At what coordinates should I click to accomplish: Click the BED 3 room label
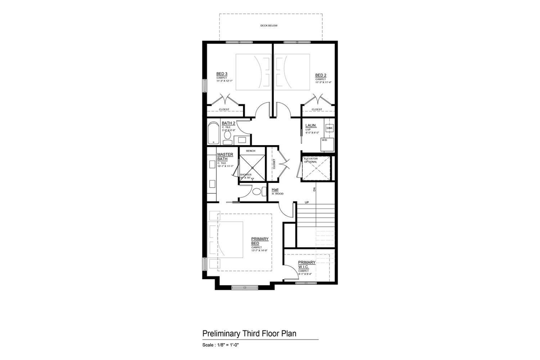point(221,74)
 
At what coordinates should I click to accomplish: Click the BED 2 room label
point(320,75)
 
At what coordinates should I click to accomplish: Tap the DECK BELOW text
point(269,26)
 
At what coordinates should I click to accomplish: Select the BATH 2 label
point(228,123)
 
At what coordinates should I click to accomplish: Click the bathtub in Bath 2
point(213,134)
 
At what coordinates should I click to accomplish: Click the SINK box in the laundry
point(329,128)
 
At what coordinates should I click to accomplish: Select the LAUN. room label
point(310,126)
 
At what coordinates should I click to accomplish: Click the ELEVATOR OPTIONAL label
point(311,160)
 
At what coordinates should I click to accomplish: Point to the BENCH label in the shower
point(251,151)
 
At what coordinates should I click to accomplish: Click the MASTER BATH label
point(225,157)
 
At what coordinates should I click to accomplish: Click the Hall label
point(275,190)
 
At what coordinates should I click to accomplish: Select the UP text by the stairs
point(307,202)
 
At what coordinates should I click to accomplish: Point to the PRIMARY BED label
point(260,241)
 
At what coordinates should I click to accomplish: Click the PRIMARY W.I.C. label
point(306,265)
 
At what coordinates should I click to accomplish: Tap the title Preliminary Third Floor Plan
point(249,333)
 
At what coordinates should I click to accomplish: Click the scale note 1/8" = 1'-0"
point(221,345)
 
